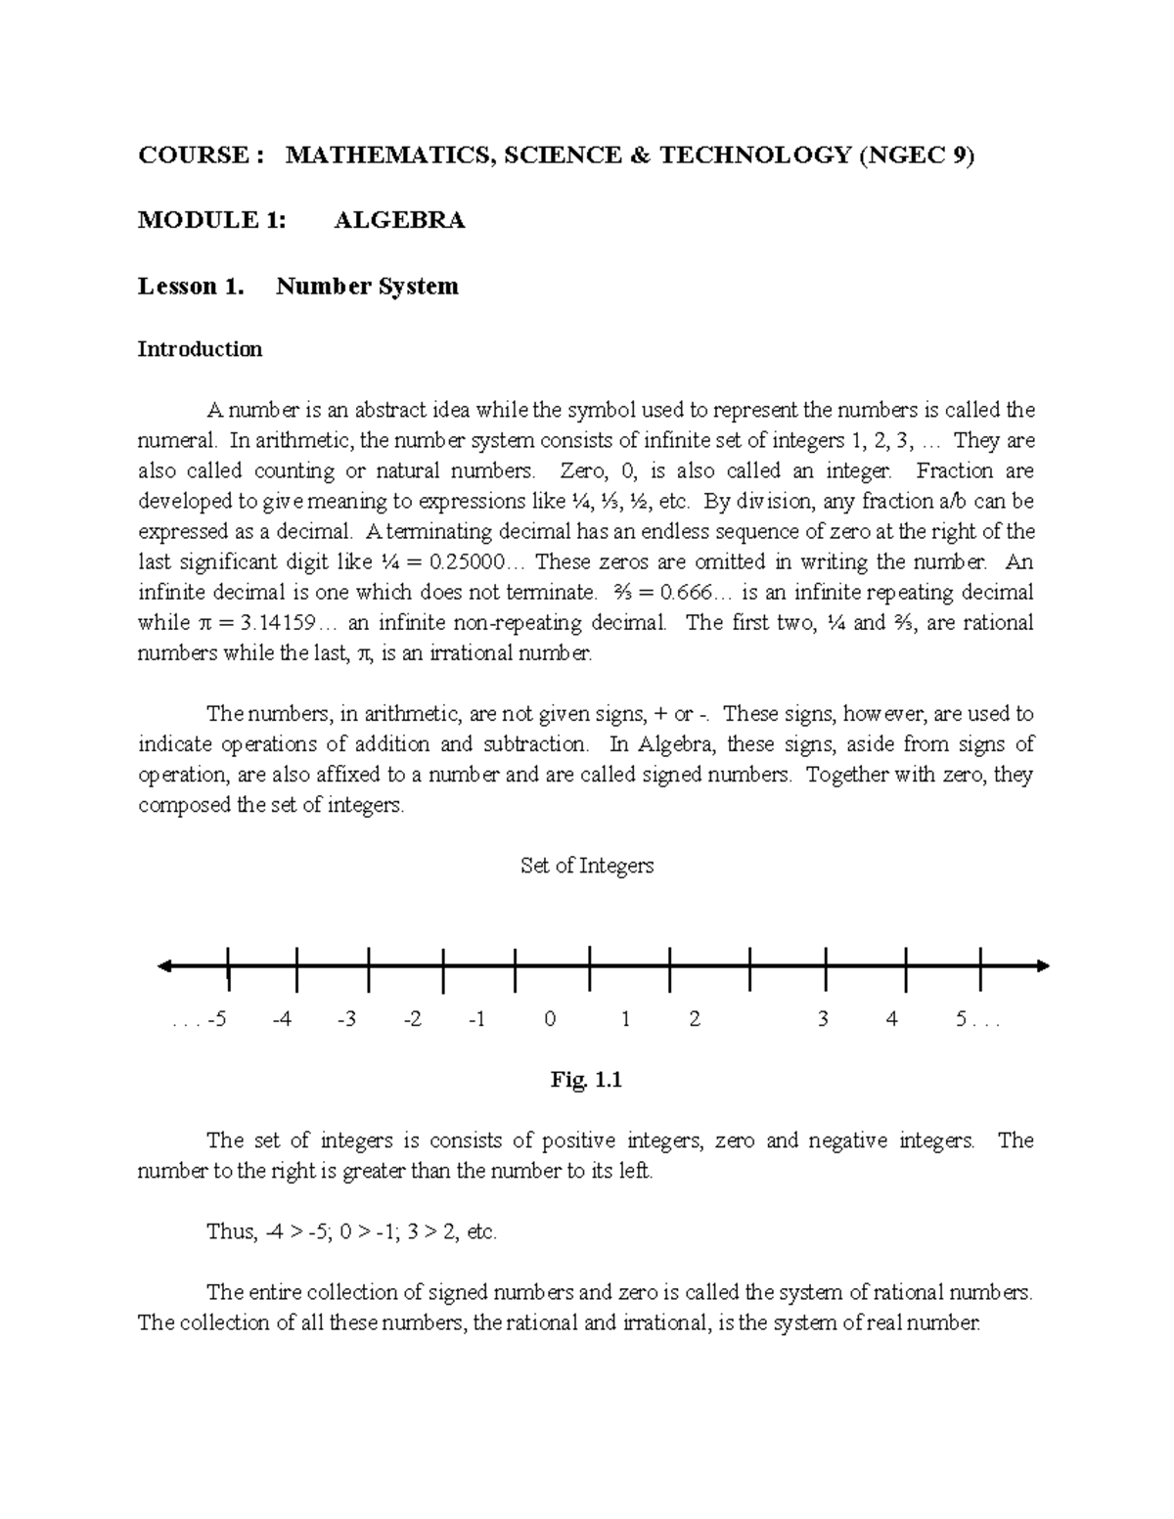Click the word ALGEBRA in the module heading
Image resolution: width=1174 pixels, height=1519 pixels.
(x=399, y=220)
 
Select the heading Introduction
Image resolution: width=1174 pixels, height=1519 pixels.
(x=200, y=349)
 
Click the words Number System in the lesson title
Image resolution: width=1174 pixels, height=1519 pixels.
(x=367, y=286)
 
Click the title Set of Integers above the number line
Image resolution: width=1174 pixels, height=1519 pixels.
(x=586, y=866)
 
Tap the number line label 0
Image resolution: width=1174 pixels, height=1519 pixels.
(x=550, y=1019)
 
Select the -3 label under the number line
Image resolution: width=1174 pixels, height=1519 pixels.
(x=345, y=1019)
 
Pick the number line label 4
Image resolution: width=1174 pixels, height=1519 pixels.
(x=891, y=1019)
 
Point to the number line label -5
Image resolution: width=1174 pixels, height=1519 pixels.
(x=216, y=1019)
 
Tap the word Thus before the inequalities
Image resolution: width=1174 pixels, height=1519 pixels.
(x=229, y=1231)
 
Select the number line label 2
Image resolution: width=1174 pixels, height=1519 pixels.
(x=695, y=1019)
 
